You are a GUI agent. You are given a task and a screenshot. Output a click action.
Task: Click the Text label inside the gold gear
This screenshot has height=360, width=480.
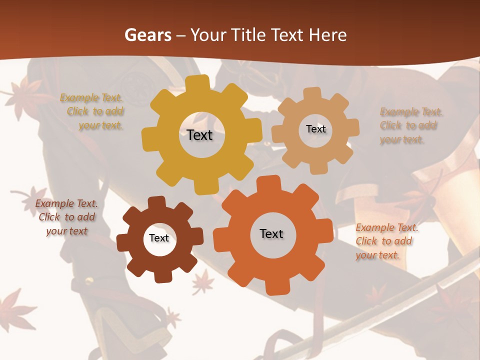coord(199,135)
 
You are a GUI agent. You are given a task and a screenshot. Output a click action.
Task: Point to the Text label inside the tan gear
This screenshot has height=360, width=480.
coord(315,129)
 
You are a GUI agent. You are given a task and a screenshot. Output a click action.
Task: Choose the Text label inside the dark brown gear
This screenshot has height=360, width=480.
coord(159,238)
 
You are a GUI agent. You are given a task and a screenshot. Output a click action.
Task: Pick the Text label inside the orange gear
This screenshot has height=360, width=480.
coord(271,234)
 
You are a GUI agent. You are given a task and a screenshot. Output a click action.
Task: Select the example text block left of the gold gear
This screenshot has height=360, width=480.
coord(92,111)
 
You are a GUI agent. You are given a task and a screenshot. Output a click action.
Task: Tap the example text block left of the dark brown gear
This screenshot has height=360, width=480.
coord(66,217)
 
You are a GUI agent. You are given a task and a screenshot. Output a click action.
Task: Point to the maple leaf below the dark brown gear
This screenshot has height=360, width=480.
coord(203,282)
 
